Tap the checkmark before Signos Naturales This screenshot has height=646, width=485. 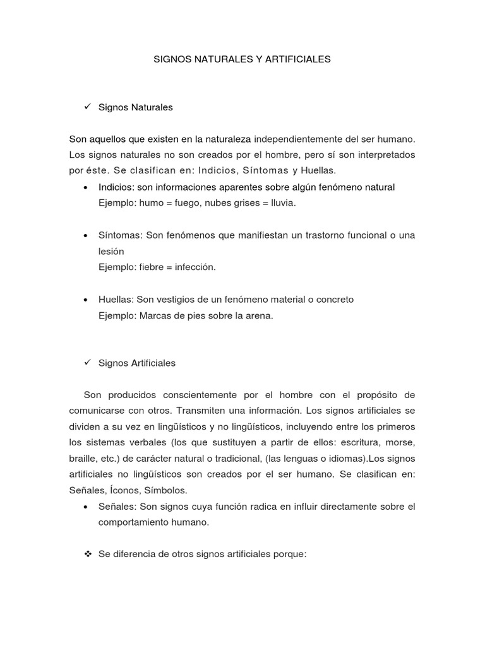tap(88, 107)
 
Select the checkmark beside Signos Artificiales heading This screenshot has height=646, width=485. tap(88, 363)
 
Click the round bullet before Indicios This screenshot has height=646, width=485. tap(85, 187)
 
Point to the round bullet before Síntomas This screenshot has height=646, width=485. tap(85, 235)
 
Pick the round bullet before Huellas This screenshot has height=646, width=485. tap(85, 300)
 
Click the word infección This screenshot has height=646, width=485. tap(193, 267)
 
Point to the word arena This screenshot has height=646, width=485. tap(260, 315)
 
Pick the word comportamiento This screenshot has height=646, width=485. tap(133, 522)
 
